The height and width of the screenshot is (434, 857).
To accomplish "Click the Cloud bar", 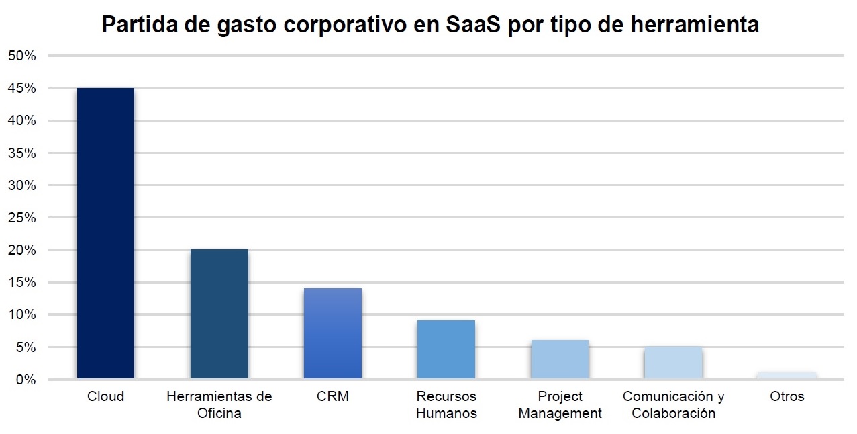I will (x=105, y=233).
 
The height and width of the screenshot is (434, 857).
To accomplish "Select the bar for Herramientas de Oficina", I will (x=219, y=314).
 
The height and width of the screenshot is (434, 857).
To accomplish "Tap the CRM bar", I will (x=332, y=333).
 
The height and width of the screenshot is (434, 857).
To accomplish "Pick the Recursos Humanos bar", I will (x=446, y=349).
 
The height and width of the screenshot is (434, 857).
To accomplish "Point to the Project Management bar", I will (x=559, y=359).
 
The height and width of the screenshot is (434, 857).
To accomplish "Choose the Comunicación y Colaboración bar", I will (x=672, y=363).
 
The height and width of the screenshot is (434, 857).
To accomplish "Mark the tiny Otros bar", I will (x=787, y=376).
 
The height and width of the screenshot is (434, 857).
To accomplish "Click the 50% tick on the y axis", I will (x=21, y=56).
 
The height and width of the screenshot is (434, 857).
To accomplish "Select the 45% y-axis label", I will (x=21, y=89).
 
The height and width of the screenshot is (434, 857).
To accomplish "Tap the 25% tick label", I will (x=21, y=218).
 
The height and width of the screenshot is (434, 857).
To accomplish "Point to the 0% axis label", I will (x=26, y=380).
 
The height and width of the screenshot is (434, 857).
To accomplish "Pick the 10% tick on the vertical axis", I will (x=21, y=315).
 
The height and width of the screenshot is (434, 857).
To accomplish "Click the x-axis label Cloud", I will (x=105, y=396).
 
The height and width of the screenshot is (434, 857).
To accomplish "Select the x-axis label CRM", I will (x=332, y=396).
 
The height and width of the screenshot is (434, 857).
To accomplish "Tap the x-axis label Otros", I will (x=787, y=396).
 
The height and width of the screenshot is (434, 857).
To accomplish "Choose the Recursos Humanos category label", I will (x=446, y=404).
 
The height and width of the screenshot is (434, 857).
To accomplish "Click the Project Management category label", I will (x=560, y=404).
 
